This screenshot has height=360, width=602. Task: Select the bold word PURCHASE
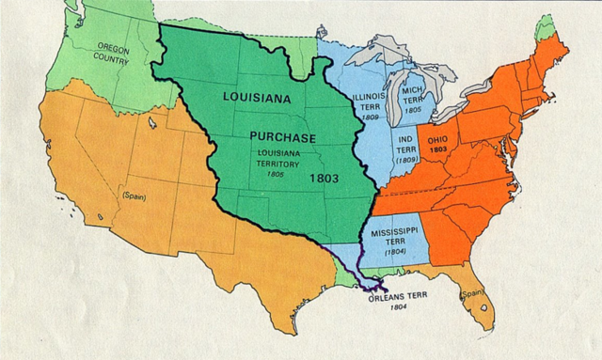point(282,135)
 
